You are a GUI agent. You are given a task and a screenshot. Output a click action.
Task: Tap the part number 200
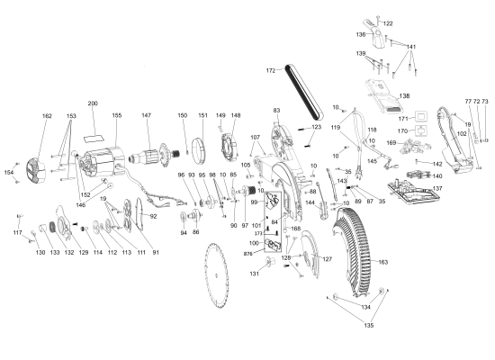tap(93, 103)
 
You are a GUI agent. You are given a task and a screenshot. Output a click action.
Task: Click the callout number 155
tap(116, 116)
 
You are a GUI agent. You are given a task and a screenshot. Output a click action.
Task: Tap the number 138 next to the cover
tap(404, 95)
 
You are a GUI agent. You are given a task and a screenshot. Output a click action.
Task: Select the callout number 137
tap(437, 189)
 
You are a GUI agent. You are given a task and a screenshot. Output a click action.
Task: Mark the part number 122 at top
tap(388, 22)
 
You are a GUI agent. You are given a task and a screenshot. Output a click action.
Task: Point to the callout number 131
tap(256, 274)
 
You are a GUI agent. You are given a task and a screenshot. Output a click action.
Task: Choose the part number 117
tap(17, 233)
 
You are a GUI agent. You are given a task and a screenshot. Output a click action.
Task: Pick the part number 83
tap(277, 110)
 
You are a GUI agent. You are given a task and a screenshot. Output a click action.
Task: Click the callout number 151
tap(202, 116)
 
